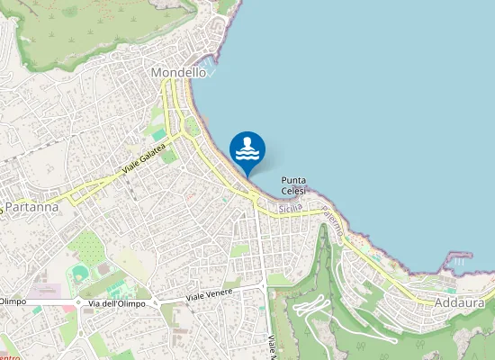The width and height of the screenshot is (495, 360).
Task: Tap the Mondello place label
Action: (179, 72)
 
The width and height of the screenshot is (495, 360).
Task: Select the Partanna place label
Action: (31, 207)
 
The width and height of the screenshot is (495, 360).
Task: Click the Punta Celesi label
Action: (293, 185)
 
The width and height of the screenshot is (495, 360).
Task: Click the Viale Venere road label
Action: (210, 294)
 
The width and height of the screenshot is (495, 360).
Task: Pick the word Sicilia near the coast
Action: (289, 208)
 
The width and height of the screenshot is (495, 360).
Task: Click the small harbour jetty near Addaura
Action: (458, 256)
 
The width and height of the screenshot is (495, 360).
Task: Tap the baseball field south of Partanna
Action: (81, 272)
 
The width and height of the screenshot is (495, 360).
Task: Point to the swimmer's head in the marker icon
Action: (247, 141)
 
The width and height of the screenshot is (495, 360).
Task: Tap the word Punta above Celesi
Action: (293, 180)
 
